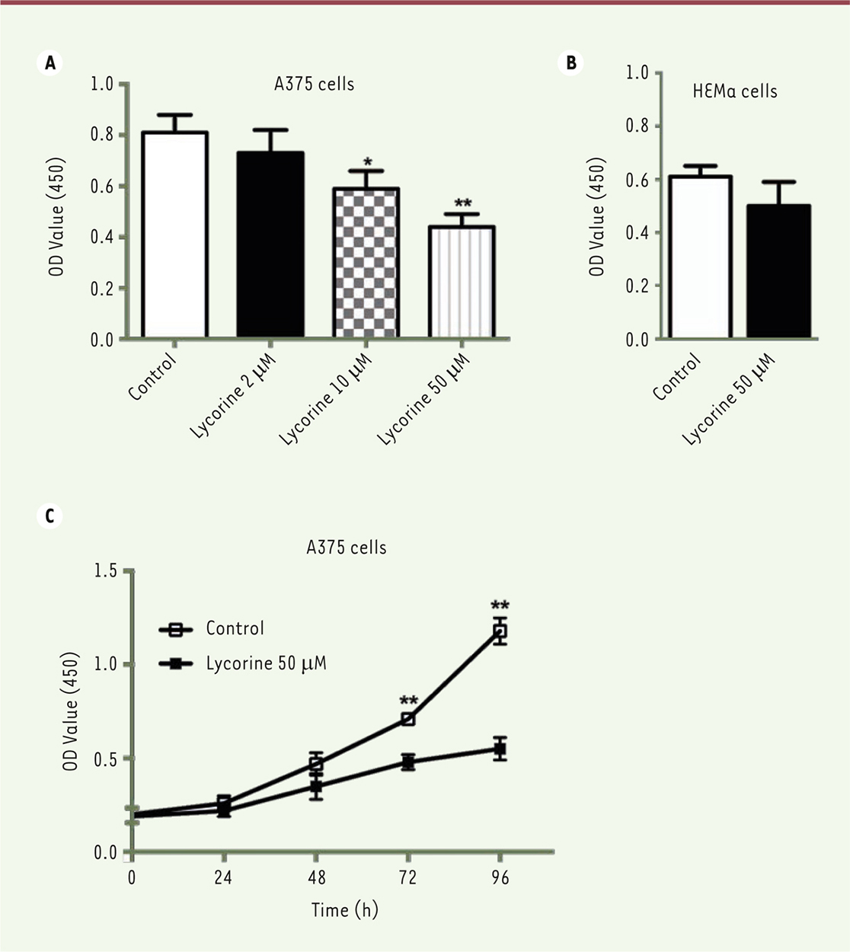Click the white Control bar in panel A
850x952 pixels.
(175, 235)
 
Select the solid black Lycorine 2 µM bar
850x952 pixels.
(270, 244)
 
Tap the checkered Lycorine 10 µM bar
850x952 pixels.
(366, 262)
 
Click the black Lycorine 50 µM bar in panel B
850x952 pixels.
(778, 271)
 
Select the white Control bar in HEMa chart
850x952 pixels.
(700, 257)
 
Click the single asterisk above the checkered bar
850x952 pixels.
(368, 162)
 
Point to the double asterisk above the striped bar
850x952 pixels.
(462, 203)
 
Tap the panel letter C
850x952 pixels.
(50, 516)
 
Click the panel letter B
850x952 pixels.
(570, 63)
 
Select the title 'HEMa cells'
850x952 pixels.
(734, 91)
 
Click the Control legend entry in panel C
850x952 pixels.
(235, 628)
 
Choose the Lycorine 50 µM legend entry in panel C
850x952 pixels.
(265, 663)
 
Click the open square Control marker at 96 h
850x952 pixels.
(500, 631)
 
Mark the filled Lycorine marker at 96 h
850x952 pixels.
(500, 749)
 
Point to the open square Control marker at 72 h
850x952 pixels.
(408, 718)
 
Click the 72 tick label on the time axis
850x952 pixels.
(408, 878)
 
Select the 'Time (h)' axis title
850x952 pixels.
(344, 909)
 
